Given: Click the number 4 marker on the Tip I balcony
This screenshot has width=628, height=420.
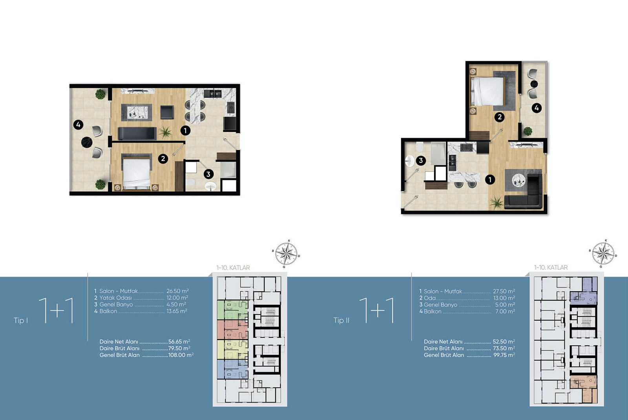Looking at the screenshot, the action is click(78, 125).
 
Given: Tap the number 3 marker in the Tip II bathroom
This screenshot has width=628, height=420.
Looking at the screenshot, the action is click(420, 161).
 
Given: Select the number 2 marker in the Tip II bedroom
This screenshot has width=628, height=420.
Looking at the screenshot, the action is click(499, 117).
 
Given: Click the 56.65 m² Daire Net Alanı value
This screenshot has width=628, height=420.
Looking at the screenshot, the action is click(179, 341).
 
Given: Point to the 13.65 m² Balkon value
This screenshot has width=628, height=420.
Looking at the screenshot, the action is click(177, 311).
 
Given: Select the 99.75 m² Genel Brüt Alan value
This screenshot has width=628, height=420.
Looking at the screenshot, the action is click(504, 355).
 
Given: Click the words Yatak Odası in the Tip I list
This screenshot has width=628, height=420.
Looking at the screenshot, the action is click(115, 298).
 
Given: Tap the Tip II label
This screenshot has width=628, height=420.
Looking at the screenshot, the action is click(341, 320).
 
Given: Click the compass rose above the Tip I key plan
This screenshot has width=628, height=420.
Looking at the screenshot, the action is click(286, 254).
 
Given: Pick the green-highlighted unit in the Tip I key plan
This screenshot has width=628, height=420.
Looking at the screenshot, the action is click(232, 310).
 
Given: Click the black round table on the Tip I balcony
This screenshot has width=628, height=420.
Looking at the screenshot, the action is click(87, 142).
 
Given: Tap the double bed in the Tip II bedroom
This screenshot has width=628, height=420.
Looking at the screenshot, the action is click(487, 91).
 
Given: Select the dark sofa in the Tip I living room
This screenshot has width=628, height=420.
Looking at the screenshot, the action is click(137, 133).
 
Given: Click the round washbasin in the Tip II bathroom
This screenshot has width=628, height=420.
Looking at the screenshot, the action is click(410, 161).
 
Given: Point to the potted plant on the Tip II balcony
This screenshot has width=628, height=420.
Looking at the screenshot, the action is click(528, 131).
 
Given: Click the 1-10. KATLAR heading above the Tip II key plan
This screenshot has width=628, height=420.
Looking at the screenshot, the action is click(551, 267).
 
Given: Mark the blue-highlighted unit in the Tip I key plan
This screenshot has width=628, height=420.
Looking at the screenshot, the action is click(232, 369).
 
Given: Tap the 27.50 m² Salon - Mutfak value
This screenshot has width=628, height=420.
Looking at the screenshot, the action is click(504, 291).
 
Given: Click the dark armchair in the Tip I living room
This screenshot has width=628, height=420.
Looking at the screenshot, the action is click(167, 112).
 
